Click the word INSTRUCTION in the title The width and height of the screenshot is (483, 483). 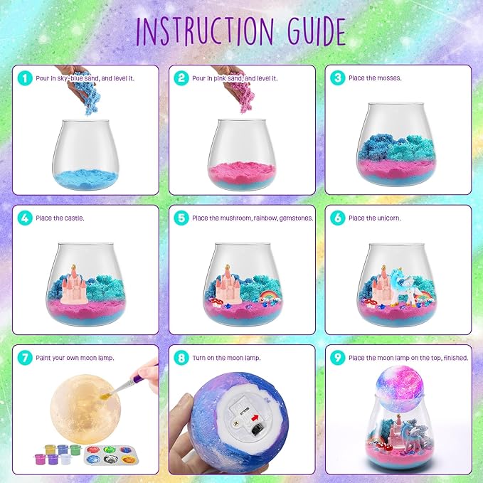click(205, 31)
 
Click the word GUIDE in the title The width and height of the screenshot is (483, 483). click(317, 31)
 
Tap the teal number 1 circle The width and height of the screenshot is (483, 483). click(25, 78)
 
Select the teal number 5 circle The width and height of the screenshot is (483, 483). click(181, 218)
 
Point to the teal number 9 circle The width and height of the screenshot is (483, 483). click(338, 358)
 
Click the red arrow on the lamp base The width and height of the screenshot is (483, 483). click(255, 418)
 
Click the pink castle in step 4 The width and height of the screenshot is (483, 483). click(75, 285)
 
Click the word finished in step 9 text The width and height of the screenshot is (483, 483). click(456, 358)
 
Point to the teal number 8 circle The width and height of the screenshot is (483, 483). click(181, 358)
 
